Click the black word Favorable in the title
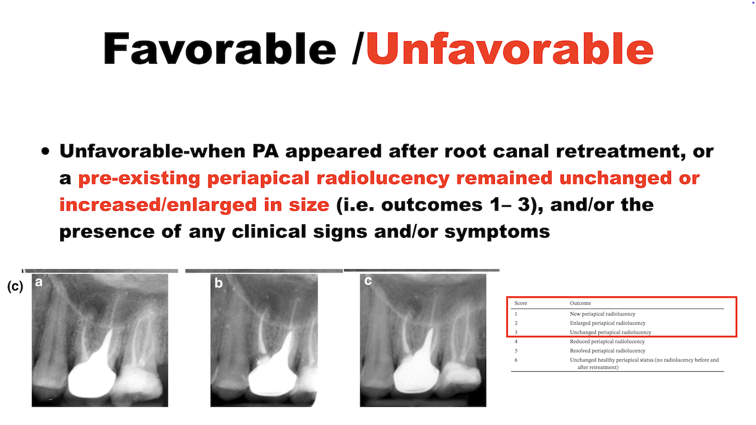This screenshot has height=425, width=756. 220,48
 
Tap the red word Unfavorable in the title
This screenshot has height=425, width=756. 510,48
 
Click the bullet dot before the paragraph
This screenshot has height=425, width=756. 45,151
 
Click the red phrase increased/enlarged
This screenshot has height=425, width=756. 158,205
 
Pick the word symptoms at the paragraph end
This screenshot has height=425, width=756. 497,232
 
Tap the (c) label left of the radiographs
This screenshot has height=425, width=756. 15,286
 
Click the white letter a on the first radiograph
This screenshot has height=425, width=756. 39,282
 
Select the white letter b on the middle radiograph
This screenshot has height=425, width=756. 219,283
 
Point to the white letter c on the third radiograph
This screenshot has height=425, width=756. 368,280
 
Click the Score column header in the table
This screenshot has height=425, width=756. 521,303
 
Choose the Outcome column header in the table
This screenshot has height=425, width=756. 581,303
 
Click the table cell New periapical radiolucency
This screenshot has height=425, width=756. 602,313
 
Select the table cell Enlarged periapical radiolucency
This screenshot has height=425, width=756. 608,323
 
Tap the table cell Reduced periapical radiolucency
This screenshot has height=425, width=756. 607,341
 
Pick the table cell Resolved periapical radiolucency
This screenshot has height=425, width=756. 608,351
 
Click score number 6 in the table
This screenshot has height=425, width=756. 516,360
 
